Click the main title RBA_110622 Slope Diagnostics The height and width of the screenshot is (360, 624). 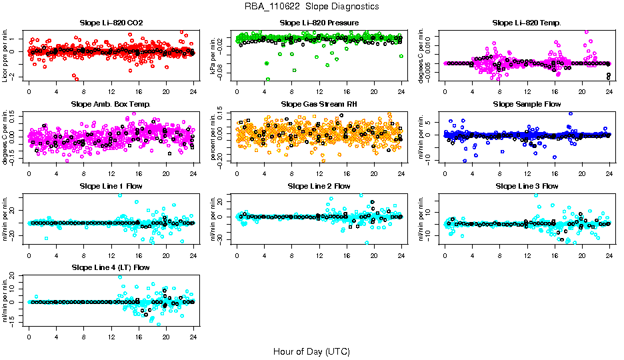point(311,6)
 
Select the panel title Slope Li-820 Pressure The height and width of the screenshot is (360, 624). point(319,23)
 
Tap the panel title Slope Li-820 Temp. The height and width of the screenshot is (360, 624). point(527,23)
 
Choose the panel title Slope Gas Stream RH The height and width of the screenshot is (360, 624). point(319,104)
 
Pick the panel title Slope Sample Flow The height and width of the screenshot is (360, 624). point(527,104)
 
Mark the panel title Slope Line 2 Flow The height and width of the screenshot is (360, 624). point(319,186)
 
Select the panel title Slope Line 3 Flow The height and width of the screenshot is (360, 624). point(527,186)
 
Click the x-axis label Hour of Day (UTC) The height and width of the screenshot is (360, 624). point(311,351)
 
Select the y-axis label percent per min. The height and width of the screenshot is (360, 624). point(215,137)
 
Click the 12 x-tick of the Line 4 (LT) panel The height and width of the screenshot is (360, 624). point(111,336)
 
